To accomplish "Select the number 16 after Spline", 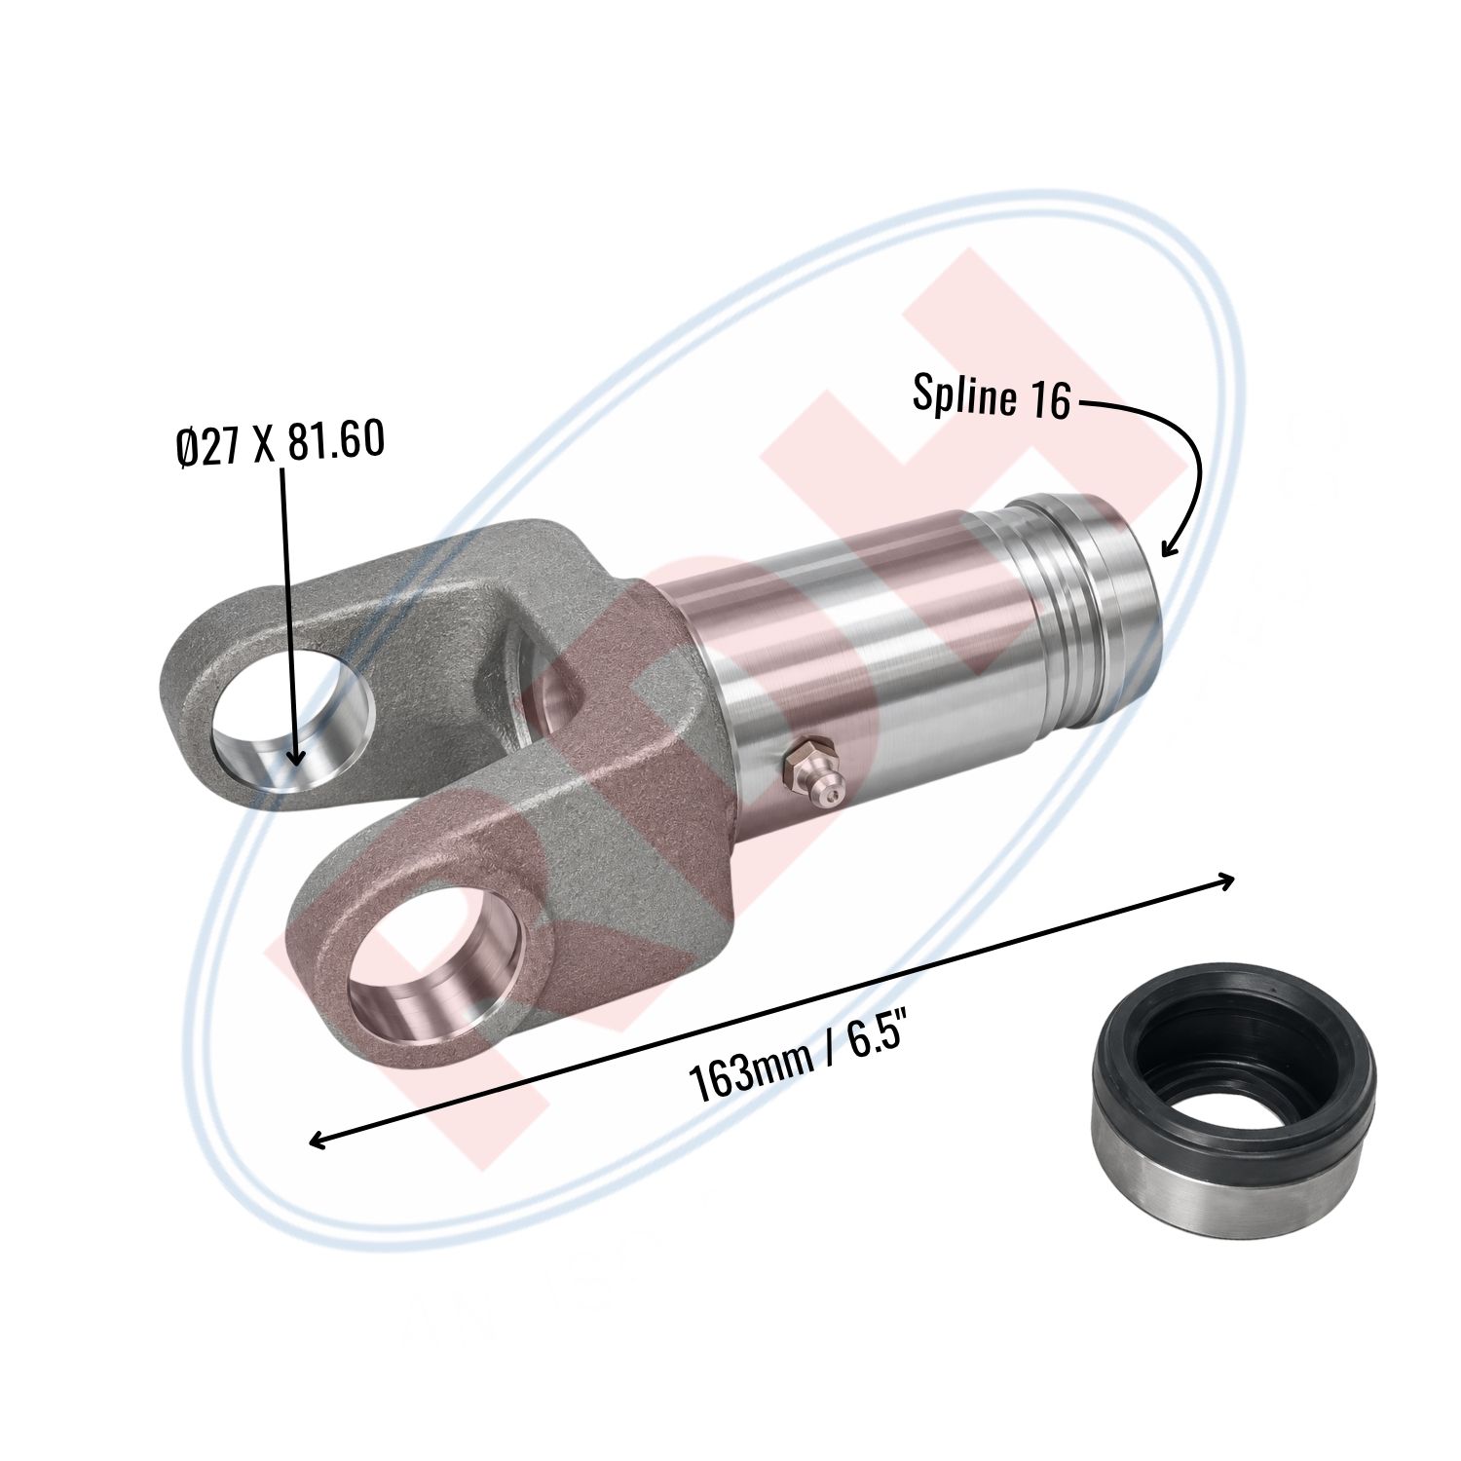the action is (1046, 400).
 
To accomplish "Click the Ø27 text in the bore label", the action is (210, 447).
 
